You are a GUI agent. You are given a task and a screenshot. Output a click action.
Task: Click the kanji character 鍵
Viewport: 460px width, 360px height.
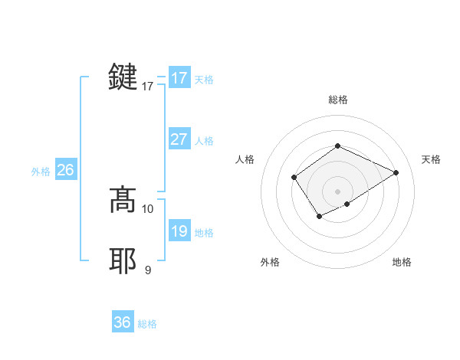123,77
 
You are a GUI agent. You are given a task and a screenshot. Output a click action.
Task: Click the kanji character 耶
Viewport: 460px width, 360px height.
123,261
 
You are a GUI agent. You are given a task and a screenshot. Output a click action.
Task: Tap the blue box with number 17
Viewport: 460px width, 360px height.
179,78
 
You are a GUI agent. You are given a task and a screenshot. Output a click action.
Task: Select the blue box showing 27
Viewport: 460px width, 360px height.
179,139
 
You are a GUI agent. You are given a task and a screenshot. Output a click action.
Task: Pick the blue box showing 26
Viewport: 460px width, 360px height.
65,170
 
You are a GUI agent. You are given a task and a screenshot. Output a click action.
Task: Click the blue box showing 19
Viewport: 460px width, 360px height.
179,231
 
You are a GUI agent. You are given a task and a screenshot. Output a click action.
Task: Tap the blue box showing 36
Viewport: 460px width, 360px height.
123,322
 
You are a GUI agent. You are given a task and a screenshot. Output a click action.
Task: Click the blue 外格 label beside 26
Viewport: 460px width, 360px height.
41,172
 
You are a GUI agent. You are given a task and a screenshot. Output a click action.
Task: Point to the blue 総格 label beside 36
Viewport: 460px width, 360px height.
147,324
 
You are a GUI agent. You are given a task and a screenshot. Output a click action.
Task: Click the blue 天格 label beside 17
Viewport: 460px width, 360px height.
204,80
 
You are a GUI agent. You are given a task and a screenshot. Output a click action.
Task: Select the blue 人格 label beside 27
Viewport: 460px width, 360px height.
204,141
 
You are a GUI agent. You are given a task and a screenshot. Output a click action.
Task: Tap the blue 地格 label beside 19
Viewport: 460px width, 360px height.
204,233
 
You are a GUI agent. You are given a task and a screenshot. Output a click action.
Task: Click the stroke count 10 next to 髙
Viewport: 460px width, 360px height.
148,208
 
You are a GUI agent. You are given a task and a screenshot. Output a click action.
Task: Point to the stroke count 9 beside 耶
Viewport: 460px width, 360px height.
148,269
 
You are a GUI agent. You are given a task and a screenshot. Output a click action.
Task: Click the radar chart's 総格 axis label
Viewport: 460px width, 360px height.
337,100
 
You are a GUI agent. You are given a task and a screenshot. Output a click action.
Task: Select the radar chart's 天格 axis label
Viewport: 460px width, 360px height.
431,159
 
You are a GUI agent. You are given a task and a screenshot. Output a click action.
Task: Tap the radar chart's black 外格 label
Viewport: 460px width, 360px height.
270,262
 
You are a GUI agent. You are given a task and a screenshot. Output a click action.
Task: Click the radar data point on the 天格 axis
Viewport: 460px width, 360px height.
396,172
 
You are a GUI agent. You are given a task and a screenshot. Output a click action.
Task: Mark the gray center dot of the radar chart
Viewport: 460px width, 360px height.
337,191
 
